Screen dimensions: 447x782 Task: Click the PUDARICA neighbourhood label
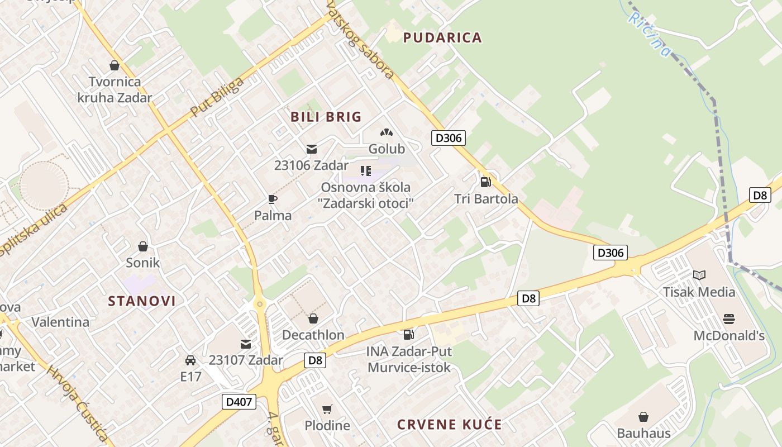442,37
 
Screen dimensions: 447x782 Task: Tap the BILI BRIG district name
326,117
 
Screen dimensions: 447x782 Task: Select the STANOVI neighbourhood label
142,301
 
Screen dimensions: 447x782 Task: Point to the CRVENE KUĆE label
450,424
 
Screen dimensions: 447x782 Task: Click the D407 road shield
239,401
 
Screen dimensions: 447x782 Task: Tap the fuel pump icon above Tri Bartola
485,182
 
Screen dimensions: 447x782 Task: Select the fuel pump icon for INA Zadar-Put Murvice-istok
409,335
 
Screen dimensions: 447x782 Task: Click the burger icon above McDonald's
728,319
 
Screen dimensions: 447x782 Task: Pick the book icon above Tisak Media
699,275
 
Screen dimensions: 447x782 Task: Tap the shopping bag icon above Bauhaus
643,417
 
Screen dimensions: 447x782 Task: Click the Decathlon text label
313,335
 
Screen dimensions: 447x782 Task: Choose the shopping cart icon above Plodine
327,409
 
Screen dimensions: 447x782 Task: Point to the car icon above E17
190,360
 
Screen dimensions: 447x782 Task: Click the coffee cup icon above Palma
273,199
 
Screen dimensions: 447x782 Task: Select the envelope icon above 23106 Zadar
312,149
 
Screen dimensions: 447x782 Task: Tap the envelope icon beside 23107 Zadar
246,344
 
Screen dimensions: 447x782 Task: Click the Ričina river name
649,34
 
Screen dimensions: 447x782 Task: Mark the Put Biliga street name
217,97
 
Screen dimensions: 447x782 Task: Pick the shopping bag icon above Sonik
143,246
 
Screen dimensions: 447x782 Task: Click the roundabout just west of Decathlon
259,304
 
